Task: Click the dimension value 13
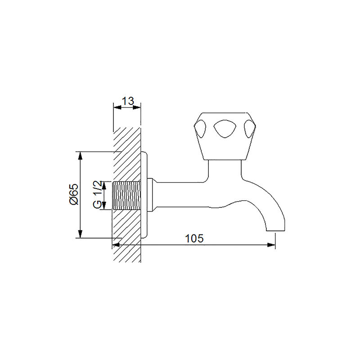click(x=128, y=101)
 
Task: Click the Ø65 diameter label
click(x=73, y=194)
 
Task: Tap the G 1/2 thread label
click(x=97, y=195)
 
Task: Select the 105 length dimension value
click(x=194, y=238)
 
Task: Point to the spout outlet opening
click(x=275, y=230)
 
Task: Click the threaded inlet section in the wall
click(x=127, y=195)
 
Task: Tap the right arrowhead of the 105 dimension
click(x=271, y=245)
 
